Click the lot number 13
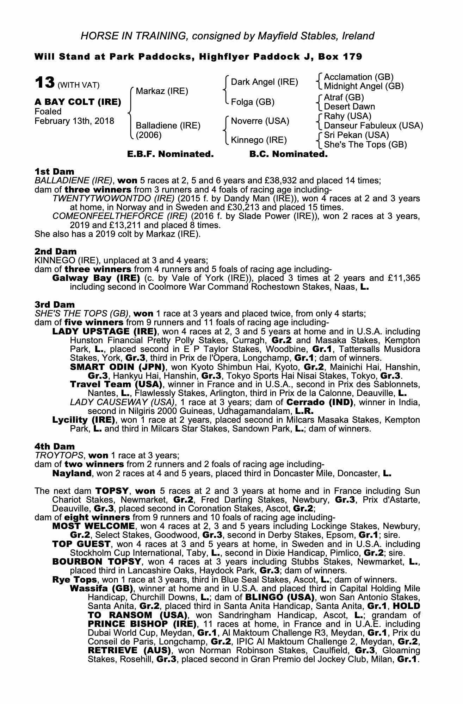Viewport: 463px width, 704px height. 44,83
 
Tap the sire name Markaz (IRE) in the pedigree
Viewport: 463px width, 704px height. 162,92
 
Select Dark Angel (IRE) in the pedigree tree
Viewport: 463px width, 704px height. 264,82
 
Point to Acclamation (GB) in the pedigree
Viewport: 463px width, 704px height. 359,77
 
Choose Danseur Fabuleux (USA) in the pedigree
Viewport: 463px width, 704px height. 374,126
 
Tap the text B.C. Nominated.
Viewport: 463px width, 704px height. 288,154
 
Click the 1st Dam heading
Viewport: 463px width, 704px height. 55,172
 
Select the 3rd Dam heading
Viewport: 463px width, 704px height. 55,304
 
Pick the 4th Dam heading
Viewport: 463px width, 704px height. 55,447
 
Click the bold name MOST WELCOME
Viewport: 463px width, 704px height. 93,526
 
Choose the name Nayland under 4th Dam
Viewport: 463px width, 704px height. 72,473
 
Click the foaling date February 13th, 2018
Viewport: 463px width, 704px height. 74,121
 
